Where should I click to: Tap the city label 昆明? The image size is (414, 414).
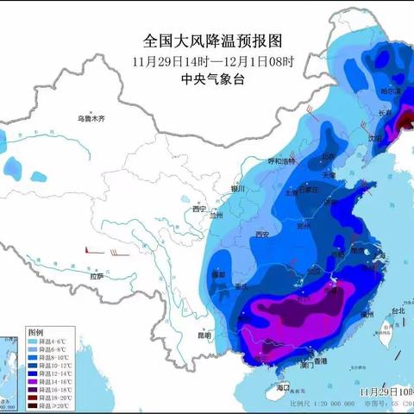pos(201,334)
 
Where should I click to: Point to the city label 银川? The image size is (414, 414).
pos(238,188)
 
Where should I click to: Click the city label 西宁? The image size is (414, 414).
pos(199,209)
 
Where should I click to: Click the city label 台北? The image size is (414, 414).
pos(398,310)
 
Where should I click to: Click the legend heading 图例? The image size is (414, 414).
pos(35,331)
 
